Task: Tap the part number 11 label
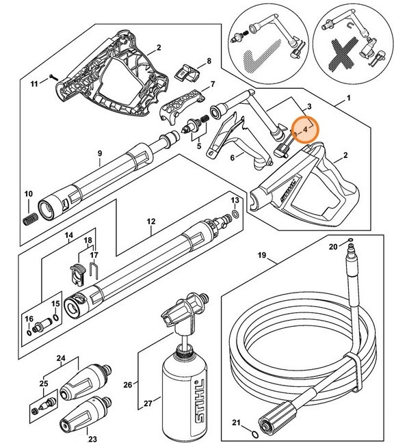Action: (35, 83)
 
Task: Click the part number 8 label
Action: (209, 61)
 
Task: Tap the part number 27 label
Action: (145, 404)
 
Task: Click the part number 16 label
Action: (29, 319)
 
